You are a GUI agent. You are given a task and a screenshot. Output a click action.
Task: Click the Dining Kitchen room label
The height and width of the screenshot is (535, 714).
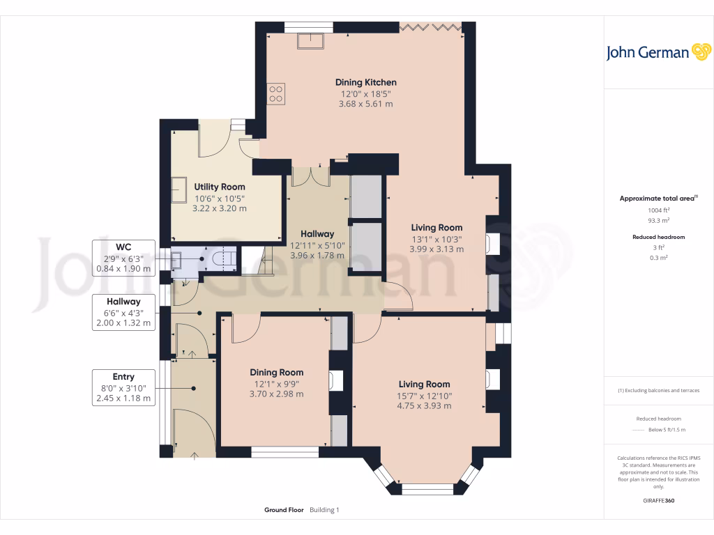tap(365, 82)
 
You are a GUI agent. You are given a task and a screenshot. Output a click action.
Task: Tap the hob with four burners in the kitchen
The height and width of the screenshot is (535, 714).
tap(276, 93)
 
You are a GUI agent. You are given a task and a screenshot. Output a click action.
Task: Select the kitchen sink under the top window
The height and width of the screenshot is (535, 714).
tap(309, 40)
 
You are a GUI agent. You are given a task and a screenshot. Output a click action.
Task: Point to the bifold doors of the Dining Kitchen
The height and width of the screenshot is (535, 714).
tap(430, 27)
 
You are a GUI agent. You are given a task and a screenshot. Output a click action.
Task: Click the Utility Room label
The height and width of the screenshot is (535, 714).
tap(220, 187)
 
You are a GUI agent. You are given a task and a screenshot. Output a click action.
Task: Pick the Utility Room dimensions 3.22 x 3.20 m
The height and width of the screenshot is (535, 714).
tap(220, 208)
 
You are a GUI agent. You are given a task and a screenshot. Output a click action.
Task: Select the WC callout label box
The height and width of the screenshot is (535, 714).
tap(123, 257)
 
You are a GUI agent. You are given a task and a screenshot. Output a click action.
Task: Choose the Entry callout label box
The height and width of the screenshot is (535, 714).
tap(123, 387)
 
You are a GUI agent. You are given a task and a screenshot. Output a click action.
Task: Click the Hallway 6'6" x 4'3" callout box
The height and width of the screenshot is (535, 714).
tap(123, 312)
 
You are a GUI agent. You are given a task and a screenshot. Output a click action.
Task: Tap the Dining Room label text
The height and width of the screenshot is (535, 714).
tap(277, 372)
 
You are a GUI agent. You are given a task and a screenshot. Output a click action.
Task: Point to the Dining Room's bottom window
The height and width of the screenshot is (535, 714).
tap(284, 452)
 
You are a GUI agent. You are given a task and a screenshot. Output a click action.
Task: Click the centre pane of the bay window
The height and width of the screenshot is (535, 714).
tap(427, 488)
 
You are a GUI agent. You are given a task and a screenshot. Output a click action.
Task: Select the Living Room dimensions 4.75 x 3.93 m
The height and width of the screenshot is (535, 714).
tap(424, 405)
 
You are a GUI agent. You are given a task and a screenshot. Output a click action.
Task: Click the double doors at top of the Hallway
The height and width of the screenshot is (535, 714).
tap(310, 177)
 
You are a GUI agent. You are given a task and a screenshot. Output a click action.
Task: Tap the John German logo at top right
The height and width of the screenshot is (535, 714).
tap(658, 52)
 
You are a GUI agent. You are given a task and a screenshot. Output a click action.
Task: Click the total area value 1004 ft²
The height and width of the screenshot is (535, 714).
tap(659, 210)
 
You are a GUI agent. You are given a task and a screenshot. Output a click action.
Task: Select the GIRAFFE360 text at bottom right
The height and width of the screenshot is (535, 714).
tap(659, 500)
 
